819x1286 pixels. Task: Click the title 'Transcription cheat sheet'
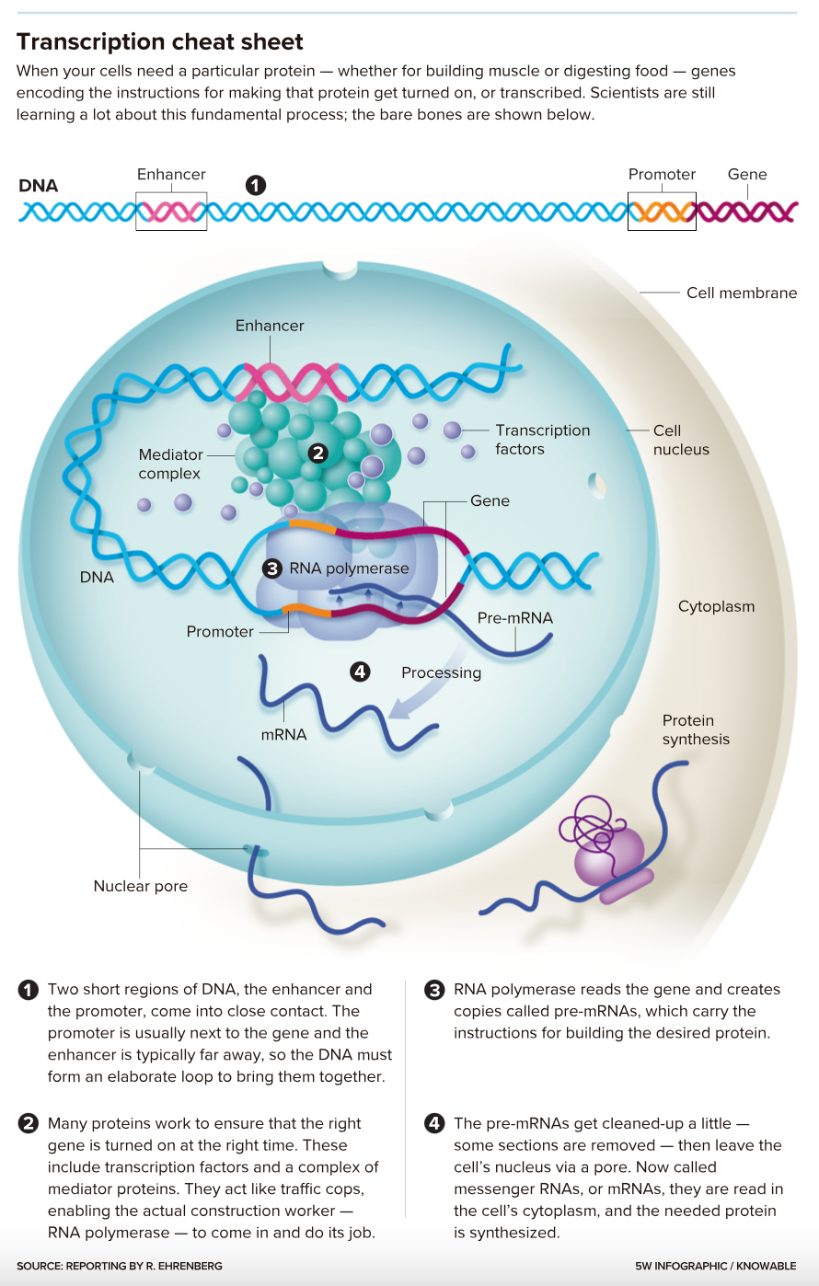(x=160, y=42)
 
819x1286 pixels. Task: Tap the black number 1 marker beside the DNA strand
(x=256, y=185)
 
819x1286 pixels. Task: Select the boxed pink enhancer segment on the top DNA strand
(x=171, y=212)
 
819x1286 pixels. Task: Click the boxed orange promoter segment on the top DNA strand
(x=662, y=212)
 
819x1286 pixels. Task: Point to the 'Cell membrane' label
(x=742, y=293)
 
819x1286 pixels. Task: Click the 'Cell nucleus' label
(x=681, y=440)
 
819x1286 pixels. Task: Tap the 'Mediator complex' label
(x=170, y=464)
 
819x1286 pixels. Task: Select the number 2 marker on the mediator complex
(x=318, y=453)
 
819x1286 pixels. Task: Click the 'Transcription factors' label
(x=542, y=440)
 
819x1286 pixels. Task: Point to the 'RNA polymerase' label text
(x=349, y=568)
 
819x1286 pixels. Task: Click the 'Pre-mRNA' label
(x=515, y=618)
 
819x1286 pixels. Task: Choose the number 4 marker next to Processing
(x=360, y=672)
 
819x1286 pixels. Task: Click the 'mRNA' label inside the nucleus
(x=283, y=734)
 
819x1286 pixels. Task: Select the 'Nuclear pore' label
(x=141, y=886)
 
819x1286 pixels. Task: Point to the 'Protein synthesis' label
(x=696, y=729)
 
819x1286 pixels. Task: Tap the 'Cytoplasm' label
(x=716, y=606)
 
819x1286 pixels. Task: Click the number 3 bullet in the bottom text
(x=434, y=990)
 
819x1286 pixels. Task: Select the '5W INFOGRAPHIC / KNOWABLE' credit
(x=715, y=1266)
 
